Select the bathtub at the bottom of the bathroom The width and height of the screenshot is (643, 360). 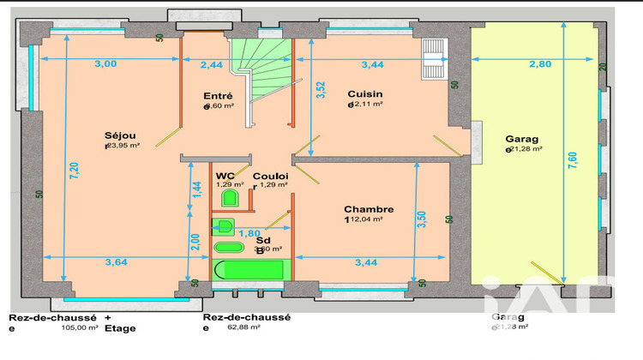(251, 271)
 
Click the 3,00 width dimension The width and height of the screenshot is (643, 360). (105, 64)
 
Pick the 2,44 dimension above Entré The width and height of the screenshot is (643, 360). (212, 64)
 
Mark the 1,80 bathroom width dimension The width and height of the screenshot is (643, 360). (249, 233)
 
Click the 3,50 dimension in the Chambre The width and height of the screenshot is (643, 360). (421, 220)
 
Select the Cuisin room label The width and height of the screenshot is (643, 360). (364, 94)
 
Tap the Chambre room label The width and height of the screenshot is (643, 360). (369, 209)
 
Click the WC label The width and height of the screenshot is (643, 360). (225, 175)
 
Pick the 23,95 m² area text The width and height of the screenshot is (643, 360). (124, 145)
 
